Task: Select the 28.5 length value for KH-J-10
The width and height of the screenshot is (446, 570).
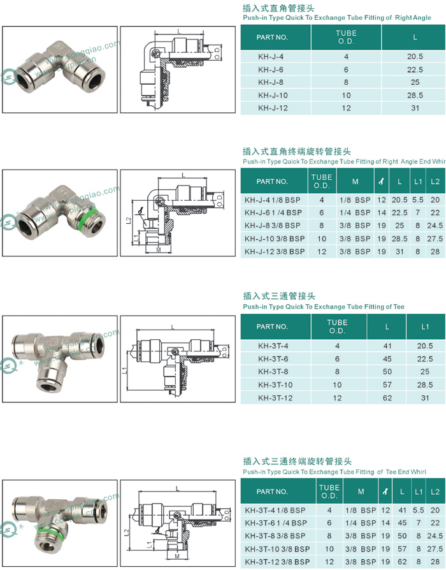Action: tap(415, 95)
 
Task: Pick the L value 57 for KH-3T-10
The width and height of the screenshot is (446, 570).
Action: tap(387, 385)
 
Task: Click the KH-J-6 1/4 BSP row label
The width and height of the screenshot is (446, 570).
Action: tap(275, 212)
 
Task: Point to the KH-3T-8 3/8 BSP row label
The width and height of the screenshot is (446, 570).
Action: tap(276, 535)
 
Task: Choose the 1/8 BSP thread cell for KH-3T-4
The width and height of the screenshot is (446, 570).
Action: tap(360, 510)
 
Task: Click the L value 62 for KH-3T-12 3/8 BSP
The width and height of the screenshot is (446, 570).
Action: tap(402, 561)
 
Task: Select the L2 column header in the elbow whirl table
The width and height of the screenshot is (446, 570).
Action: tap(435, 182)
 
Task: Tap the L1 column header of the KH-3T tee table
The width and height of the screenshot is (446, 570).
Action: tap(425, 326)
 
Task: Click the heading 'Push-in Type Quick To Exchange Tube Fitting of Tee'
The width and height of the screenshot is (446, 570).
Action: tap(324, 307)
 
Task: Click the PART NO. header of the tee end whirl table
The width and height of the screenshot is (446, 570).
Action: tap(272, 492)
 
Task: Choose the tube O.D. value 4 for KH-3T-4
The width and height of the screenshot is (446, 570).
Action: tap(337, 346)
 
